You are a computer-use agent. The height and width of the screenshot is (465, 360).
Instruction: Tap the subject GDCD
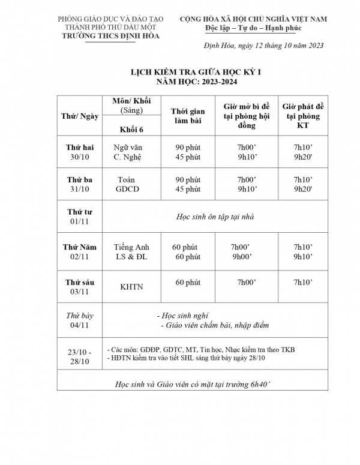(x=128, y=190)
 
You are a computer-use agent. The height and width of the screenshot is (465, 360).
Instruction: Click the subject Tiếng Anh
(x=131, y=247)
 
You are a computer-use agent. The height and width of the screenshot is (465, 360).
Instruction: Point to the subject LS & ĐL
(x=131, y=257)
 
